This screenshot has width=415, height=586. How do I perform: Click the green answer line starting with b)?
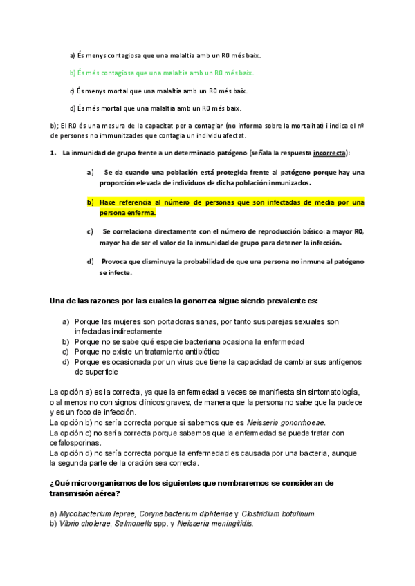(x=162, y=73)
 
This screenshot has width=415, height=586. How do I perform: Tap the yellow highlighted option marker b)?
(x=90, y=202)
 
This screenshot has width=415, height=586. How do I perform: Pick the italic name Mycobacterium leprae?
(x=97, y=514)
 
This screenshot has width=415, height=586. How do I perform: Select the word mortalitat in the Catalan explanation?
(x=306, y=126)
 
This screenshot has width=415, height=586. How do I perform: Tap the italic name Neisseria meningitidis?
(x=212, y=524)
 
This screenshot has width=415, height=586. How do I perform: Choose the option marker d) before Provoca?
(x=90, y=261)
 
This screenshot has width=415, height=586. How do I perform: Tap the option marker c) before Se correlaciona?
(x=90, y=231)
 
